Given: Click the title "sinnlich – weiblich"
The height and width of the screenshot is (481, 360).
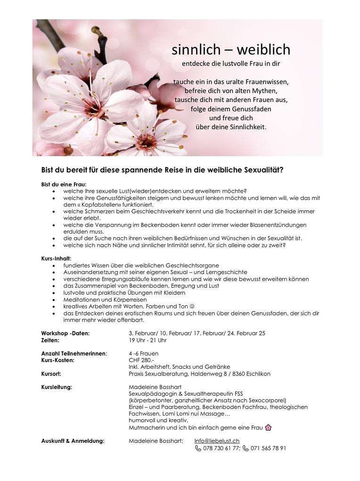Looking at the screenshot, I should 230,50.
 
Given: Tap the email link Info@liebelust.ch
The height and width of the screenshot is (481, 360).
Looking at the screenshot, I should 217,441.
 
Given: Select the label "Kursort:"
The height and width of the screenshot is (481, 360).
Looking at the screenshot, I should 51,374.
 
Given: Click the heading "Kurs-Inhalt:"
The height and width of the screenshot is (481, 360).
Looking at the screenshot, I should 56,259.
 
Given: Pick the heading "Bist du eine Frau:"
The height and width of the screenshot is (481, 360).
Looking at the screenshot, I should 64,184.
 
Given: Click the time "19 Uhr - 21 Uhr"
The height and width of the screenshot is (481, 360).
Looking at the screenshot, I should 147,340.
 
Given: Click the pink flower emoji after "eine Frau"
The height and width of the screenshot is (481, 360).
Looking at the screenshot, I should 269,428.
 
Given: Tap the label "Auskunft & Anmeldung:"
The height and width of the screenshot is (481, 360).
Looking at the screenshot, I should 73,441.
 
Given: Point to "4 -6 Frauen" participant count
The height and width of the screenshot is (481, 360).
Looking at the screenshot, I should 143,354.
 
